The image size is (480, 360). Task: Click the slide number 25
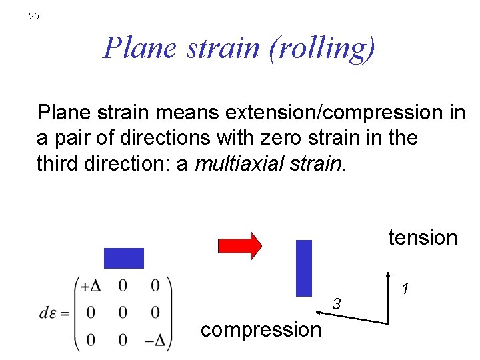pyautogui.click(x=35, y=16)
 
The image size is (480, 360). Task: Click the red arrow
pyautogui.click(x=240, y=245)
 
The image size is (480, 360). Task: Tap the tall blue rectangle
pyautogui.click(x=304, y=267)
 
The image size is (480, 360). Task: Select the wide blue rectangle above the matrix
pyautogui.click(x=124, y=258)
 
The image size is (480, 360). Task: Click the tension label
pyautogui.click(x=423, y=237)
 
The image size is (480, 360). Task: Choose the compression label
pyautogui.click(x=261, y=329)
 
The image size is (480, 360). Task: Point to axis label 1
pyautogui.click(x=404, y=289)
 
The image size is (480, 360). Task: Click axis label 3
pyautogui.click(x=337, y=305)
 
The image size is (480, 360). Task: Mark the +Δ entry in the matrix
pyautogui.click(x=91, y=286)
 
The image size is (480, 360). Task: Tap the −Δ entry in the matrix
pyautogui.click(x=155, y=340)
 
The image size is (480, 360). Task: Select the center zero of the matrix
pyautogui.click(x=123, y=313)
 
